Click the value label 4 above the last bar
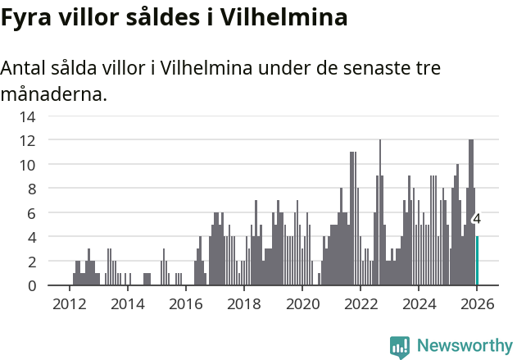point(477,220)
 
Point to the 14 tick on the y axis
point(27,116)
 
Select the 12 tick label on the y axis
point(27,140)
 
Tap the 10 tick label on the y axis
point(27,165)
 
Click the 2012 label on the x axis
point(69,303)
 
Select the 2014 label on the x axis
point(127,303)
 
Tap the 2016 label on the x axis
point(185,303)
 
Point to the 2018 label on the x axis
point(243,303)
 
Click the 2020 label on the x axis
point(302,303)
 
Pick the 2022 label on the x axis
point(361,303)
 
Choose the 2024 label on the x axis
point(419,303)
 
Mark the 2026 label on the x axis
point(477,303)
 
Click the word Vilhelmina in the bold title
point(279,17)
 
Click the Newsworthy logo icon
point(400,346)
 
